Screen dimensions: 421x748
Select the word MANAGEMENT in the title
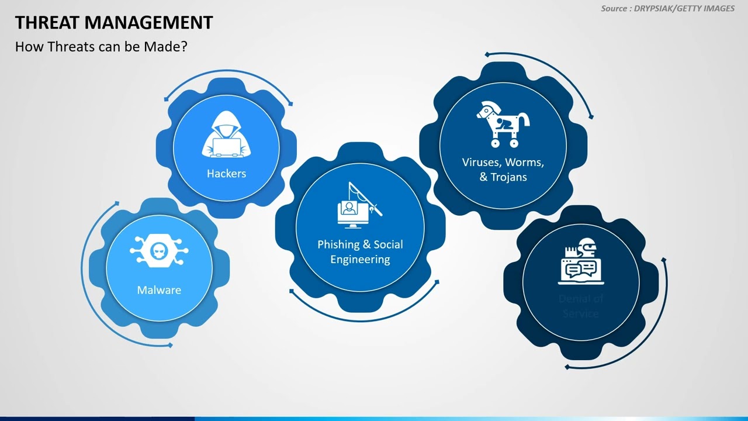point(148,23)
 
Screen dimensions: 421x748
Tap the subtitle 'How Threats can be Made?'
point(101,47)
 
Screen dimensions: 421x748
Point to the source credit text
point(668,9)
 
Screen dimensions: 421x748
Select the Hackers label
point(226,174)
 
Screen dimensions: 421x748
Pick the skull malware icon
point(158,252)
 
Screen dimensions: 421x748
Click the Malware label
point(159,290)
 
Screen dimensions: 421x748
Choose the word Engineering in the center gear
point(360,259)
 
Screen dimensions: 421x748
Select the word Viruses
point(481,163)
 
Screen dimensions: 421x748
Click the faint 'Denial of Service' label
point(580,306)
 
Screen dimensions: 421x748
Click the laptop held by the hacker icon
point(226,146)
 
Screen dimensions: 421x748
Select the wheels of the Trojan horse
point(504,142)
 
